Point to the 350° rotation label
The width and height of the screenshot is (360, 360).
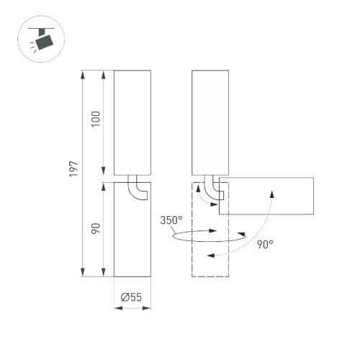point(173,220)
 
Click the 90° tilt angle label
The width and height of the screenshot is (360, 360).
point(264,245)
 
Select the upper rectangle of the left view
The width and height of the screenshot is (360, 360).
point(132,122)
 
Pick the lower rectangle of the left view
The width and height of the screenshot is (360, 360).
point(132,230)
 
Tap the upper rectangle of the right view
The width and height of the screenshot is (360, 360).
point(210,122)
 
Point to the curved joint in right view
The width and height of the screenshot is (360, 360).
point(212,189)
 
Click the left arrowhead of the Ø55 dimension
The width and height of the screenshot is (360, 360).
point(118,308)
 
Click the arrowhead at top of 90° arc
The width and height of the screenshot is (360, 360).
point(272,192)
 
